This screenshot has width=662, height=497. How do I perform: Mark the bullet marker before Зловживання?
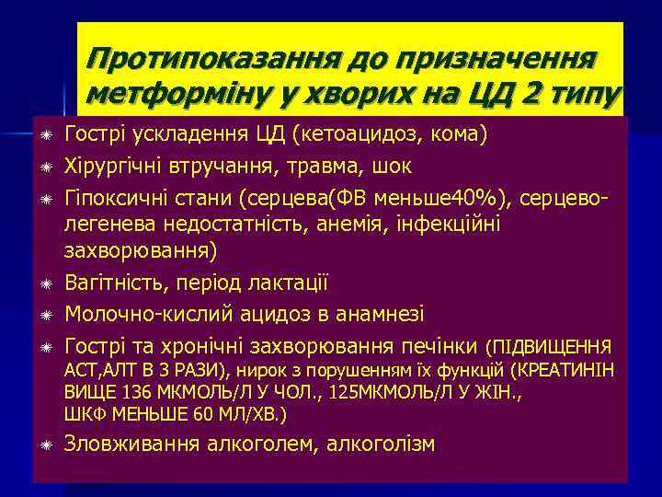click(x=45, y=445)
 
